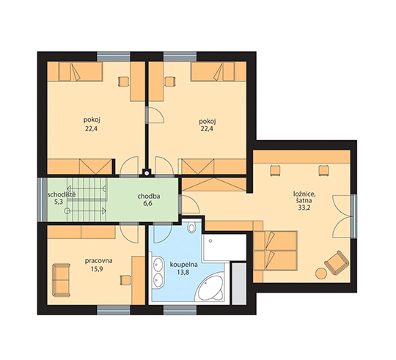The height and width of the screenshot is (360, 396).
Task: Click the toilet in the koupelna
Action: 191,227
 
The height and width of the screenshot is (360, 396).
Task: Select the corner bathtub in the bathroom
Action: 210,288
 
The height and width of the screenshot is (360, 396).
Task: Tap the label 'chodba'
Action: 149,196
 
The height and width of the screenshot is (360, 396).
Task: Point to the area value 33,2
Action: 304,207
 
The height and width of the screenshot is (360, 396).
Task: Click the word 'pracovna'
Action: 98,261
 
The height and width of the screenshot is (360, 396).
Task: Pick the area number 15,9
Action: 97,269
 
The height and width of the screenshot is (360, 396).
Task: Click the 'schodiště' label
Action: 62,195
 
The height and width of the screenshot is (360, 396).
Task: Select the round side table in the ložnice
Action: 321,273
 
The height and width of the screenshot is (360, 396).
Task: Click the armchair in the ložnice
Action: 337,262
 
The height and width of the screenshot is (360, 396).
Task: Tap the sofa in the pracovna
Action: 61,280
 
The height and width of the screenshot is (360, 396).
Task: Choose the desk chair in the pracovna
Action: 125,280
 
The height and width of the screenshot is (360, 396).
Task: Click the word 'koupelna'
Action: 184,265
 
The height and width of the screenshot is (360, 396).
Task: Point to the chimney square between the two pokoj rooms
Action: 146,173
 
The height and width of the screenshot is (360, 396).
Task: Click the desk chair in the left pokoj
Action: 124,81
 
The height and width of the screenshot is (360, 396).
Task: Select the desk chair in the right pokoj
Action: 169,81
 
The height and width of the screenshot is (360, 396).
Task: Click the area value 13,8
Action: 183,273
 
